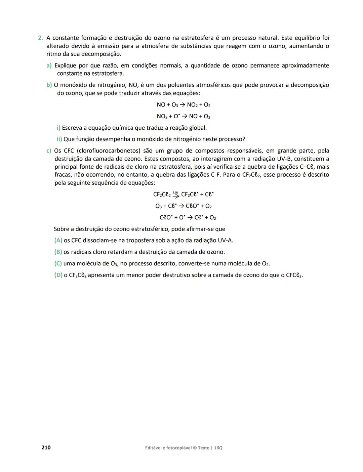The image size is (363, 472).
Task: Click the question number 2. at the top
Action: click(40, 38)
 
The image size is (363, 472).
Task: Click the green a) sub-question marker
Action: click(49, 66)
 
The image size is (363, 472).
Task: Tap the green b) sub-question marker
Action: click(49, 85)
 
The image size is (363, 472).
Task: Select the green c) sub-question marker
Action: click(49, 151)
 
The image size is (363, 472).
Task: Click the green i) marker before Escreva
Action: click(58, 128)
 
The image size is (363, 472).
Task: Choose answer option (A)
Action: click(58, 241)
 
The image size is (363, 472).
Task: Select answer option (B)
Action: click(58, 252)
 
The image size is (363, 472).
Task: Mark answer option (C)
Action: click(58, 264)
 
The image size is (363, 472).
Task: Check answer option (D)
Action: click(58, 275)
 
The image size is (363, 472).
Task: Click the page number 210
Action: click(46, 447)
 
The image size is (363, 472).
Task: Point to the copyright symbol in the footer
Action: click(195, 448)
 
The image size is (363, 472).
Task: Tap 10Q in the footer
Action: click(218, 448)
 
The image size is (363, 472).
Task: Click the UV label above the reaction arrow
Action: click(176, 192)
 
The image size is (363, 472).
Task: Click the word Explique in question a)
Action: click(66, 66)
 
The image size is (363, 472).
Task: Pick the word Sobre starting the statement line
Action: click(61, 229)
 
